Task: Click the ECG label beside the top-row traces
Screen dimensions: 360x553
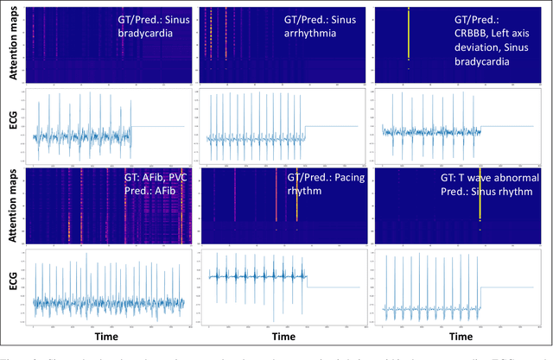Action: [x=12, y=128]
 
